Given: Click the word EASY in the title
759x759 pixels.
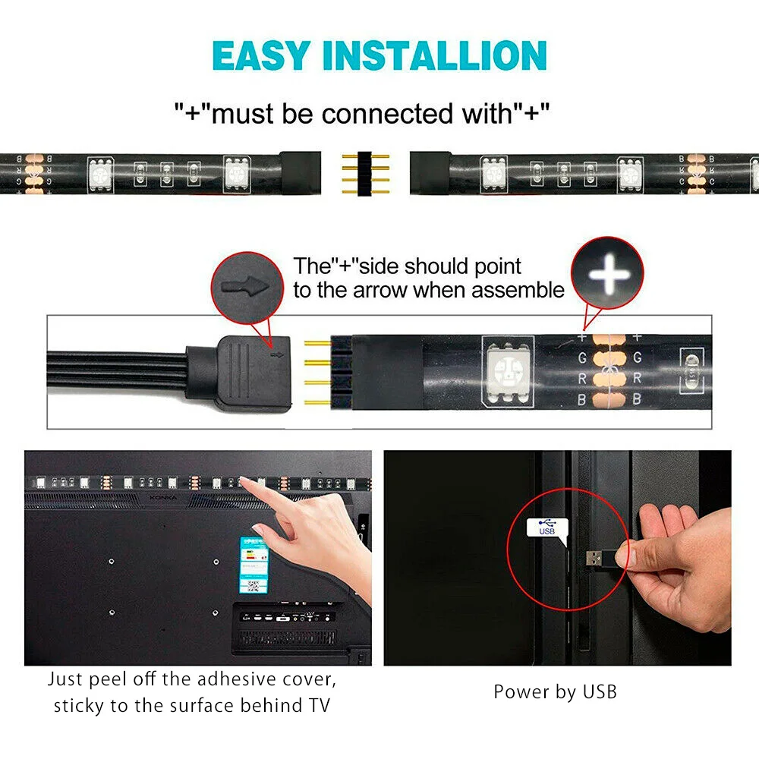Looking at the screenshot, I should coord(259,55).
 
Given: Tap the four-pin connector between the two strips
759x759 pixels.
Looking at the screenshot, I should coord(365,172).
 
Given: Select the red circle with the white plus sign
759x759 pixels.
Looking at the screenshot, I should coord(608,272).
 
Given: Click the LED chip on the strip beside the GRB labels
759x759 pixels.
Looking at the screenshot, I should coord(507,371).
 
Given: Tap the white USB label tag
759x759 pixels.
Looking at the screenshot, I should coord(546,527).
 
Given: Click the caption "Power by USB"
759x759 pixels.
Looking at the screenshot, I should coord(555,691).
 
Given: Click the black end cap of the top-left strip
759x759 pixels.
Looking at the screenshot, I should coord(301,172).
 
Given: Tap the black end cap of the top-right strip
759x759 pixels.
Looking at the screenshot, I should coord(430,172).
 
